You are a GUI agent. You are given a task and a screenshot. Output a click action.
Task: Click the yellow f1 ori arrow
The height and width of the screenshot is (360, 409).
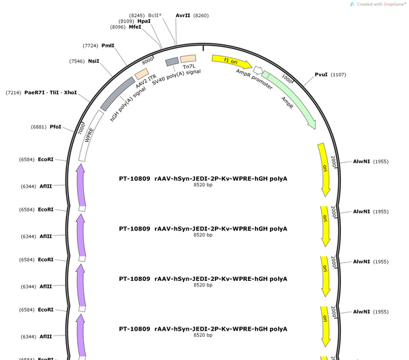[232, 61]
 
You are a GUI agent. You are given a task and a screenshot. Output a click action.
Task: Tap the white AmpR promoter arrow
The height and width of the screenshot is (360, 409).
[258, 70]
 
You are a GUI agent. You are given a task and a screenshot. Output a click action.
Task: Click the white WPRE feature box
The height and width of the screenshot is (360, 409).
[90, 135]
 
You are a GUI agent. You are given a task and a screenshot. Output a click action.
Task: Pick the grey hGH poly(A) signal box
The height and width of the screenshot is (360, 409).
[118, 93]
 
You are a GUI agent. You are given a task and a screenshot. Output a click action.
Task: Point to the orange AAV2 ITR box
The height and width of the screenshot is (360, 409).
[142, 74]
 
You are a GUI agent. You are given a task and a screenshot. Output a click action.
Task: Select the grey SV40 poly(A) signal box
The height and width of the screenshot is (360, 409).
[172, 62]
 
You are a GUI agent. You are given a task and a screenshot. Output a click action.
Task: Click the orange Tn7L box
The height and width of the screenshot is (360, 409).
[188, 59]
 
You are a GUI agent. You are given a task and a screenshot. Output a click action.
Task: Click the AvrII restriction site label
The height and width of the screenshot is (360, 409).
[183, 16]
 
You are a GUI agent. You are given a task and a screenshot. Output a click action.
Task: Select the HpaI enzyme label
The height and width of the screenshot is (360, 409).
[144, 21]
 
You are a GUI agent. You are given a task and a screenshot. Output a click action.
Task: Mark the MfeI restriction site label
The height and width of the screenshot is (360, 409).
[135, 27]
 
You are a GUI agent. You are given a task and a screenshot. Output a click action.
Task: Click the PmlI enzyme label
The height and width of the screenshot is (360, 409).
[108, 46]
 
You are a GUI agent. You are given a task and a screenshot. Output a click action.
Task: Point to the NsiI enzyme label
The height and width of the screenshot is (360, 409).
[93, 61]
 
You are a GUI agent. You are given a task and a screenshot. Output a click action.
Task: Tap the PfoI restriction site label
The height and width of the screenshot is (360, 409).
[55, 127]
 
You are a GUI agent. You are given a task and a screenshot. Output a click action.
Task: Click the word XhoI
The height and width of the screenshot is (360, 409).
[70, 92]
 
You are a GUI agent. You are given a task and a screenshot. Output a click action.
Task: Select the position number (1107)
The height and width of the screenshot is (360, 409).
[338, 74]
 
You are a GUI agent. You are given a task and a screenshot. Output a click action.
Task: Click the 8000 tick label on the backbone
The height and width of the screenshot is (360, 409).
[148, 61]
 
